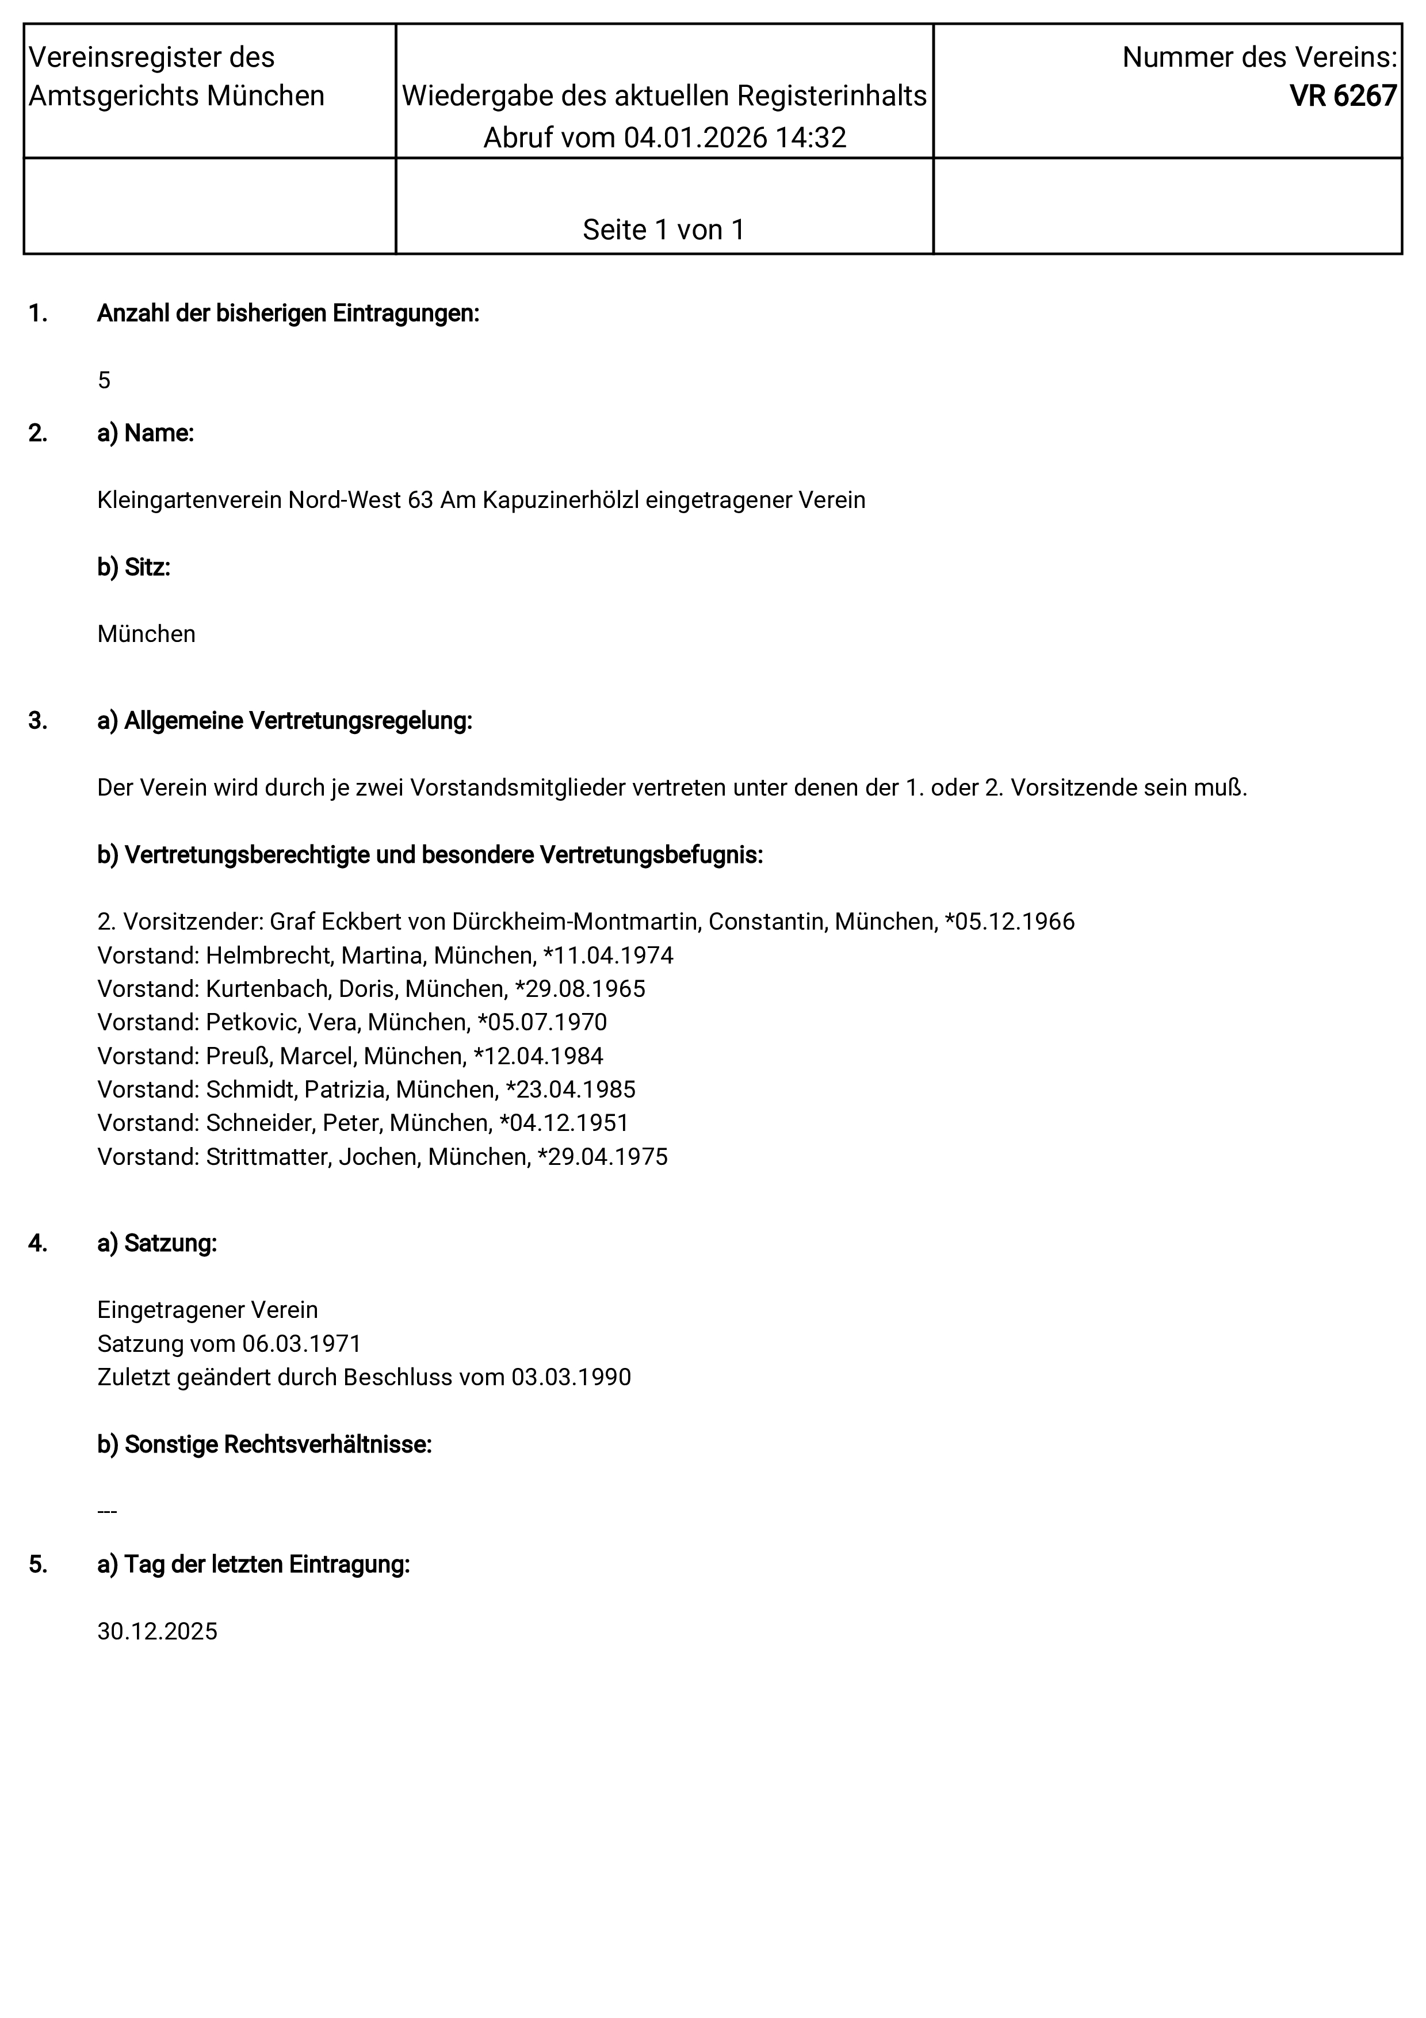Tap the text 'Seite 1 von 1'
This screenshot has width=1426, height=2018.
(x=663, y=230)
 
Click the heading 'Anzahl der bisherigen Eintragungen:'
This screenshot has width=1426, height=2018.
(x=288, y=314)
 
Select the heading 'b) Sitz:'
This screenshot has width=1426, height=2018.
(x=133, y=568)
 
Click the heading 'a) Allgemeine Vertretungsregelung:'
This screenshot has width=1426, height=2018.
(x=285, y=721)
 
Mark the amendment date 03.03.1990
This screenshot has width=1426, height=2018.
(x=571, y=1377)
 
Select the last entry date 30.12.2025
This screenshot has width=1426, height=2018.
(x=157, y=1631)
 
